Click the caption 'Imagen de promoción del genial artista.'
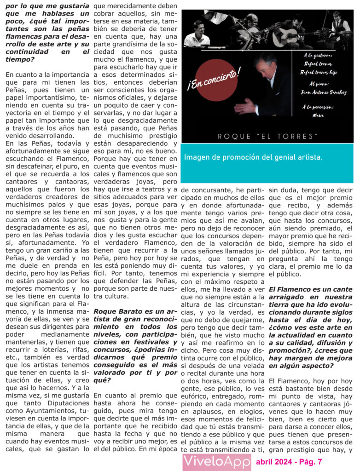(253, 157)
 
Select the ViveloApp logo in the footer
(216, 461)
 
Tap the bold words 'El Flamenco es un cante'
(310, 289)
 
